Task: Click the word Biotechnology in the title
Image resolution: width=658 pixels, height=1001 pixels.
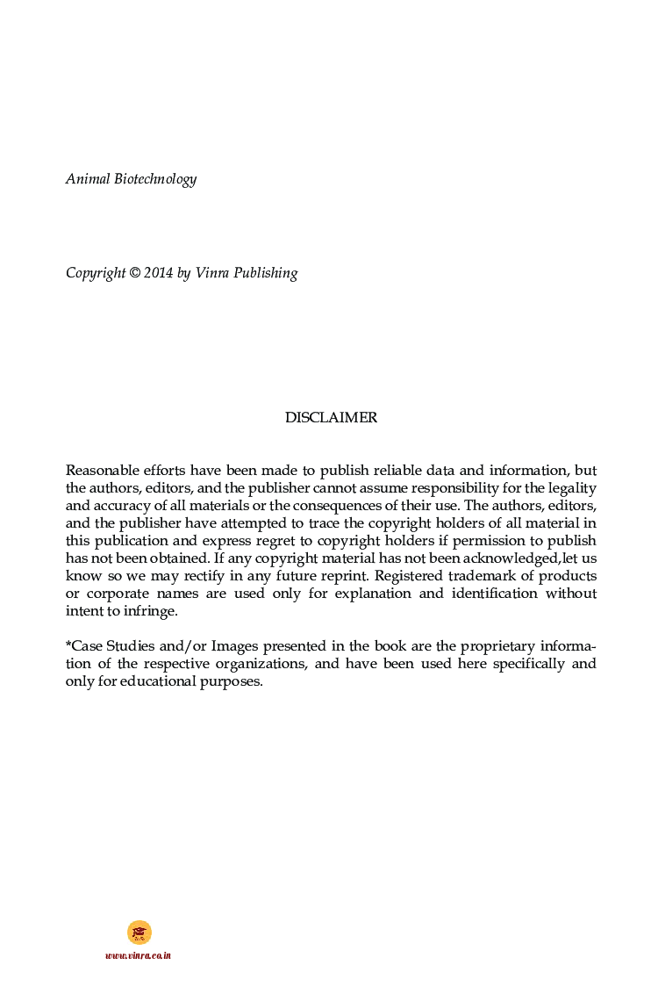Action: click(x=155, y=179)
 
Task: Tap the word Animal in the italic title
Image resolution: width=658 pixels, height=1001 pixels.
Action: click(x=88, y=179)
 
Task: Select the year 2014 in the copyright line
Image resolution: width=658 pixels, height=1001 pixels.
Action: click(x=158, y=273)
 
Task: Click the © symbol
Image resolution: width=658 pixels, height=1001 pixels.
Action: click(x=135, y=273)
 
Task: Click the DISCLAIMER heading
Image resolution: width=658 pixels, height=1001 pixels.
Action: click(x=331, y=418)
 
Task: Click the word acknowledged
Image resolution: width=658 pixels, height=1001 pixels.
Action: click(x=507, y=558)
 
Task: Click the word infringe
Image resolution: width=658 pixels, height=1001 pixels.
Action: click(x=151, y=611)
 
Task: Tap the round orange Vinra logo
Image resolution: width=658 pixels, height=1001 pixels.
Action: click(x=139, y=933)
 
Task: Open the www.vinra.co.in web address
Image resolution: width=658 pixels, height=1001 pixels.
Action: click(x=138, y=955)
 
